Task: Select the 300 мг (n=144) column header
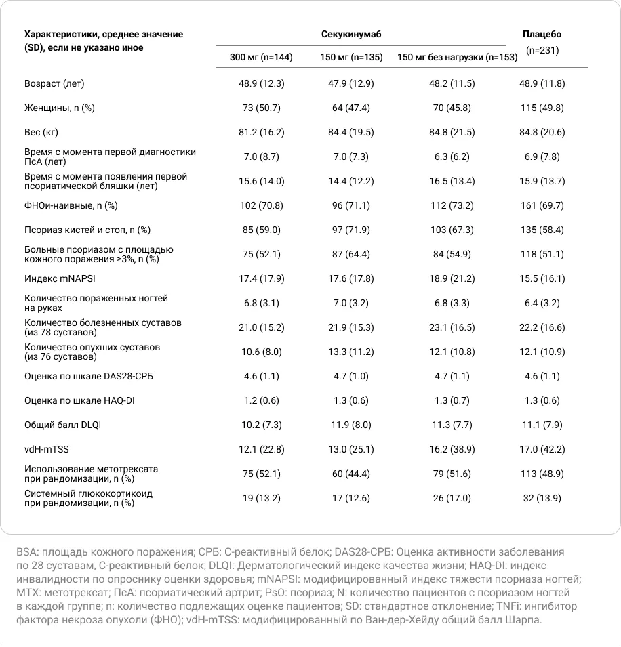click(261, 57)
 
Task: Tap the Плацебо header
click(542, 34)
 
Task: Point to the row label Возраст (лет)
click(54, 84)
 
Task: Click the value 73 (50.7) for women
click(261, 108)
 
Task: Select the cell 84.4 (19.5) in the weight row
click(345, 132)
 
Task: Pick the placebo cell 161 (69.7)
click(542, 205)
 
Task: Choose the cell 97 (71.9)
click(345, 230)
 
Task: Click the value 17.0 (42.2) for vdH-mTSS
click(542, 449)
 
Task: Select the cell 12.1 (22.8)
click(261, 449)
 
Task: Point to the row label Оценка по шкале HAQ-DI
click(79, 400)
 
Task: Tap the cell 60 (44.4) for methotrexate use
click(345, 474)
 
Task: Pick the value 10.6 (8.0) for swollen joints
click(261, 352)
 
